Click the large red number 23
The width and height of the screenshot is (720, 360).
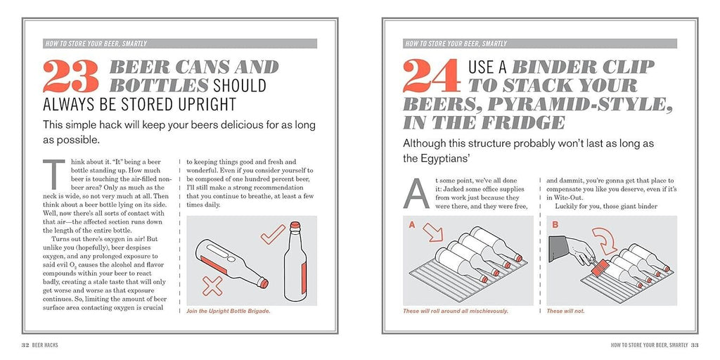tap(71, 76)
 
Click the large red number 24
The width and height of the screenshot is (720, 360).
tap(432, 76)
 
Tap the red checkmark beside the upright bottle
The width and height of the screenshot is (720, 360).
tap(273, 234)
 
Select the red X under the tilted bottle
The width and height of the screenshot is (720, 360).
tap(212, 285)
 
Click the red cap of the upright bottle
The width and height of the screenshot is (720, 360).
tap(295, 225)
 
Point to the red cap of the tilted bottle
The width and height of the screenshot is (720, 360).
tap(263, 283)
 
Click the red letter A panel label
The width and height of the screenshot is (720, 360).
tap(412, 225)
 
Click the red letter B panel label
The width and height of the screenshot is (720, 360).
tap(555, 225)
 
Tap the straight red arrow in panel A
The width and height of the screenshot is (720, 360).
tap(432, 232)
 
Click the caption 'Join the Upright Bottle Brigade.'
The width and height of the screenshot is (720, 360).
tap(229, 311)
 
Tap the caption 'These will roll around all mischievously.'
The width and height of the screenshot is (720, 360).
tap(456, 311)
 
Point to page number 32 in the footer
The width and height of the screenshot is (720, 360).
tap(26, 345)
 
